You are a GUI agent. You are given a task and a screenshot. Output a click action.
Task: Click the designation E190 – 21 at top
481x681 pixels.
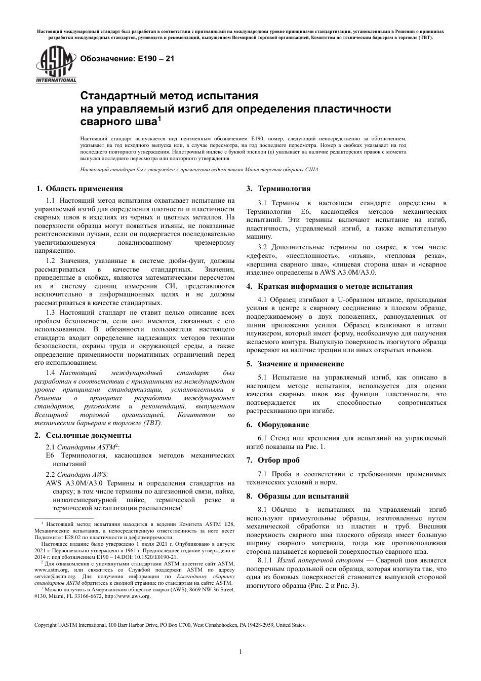point(124,59)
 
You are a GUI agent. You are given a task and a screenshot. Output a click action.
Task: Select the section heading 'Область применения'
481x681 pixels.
point(84,188)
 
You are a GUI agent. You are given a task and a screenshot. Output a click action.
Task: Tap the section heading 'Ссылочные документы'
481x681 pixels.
point(89,435)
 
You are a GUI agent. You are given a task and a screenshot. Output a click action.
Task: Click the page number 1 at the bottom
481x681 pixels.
point(240,652)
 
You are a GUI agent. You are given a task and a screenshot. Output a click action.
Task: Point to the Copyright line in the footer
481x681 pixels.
point(170,625)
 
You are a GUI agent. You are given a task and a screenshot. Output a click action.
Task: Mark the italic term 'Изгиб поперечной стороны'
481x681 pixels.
point(321,560)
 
